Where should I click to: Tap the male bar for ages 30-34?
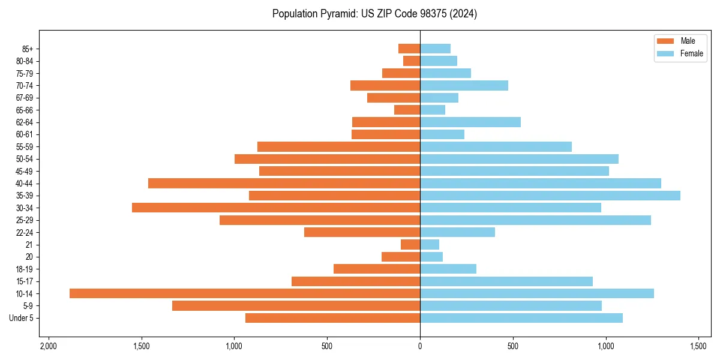(x=276, y=208)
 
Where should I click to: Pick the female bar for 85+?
(x=435, y=49)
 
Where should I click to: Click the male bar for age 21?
(x=410, y=244)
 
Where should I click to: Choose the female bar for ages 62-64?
(x=470, y=122)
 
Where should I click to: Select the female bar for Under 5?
(x=521, y=318)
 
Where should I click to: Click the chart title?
(x=374, y=14)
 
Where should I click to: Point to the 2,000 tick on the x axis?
(x=49, y=347)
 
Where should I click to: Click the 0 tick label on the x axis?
(x=420, y=347)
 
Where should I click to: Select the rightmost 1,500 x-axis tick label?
(x=698, y=347)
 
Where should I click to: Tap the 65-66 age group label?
(x=23, y=110)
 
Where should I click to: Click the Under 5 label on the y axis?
(x=21, y=318)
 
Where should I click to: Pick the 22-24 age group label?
(x=23, y=232)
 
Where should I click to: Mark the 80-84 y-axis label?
(x=23, y=61)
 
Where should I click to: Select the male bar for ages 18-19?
(x=377, y=269)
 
